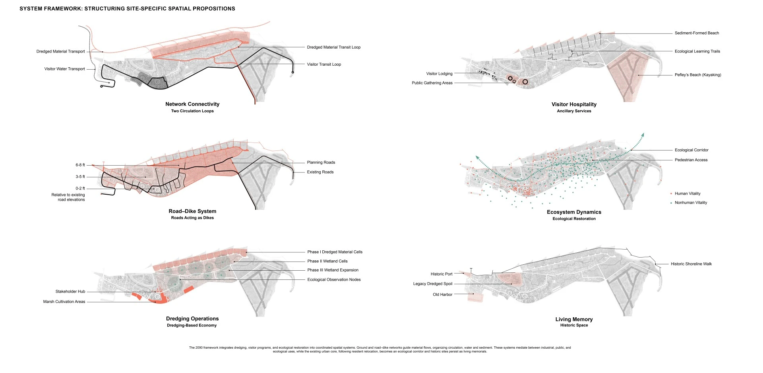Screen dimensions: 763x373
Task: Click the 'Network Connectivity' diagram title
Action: (x=192, y=104)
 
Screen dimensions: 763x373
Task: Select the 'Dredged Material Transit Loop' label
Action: (x=334, y=47)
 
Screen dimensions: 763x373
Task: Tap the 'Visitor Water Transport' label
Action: (x=65, y=69)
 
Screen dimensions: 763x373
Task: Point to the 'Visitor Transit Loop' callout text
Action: (x=324, y=64)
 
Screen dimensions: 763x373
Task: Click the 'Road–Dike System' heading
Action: (x=192, y=211)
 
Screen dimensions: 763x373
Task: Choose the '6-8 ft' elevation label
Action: (x=80, y=165)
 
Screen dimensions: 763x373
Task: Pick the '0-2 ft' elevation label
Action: (x=80, y=188)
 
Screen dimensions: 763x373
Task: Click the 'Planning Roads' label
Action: (x=321, y=162)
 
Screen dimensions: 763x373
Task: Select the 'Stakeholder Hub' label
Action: (x=70, y=291)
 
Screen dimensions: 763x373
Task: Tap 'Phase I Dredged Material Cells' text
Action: (x=335, y=252)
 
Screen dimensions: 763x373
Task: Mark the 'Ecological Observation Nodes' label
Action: (x=334, y=279)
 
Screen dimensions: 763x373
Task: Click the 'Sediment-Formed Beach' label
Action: (x=697, y=33)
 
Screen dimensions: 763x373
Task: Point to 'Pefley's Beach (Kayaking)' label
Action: (x=698, y=75)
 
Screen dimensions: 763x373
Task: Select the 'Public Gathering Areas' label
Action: (x=432, y=83)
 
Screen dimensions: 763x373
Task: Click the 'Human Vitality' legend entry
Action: (x=687, y=193)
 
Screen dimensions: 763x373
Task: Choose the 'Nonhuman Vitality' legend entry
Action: (x=691, y=203)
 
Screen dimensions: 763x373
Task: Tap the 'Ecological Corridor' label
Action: (x=691, y=150)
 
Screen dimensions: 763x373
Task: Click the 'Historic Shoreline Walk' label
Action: (x=691, y=264)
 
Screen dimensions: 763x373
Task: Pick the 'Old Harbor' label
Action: (x=443, y=295)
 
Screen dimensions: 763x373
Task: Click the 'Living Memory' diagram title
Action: (x=574, y=319)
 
